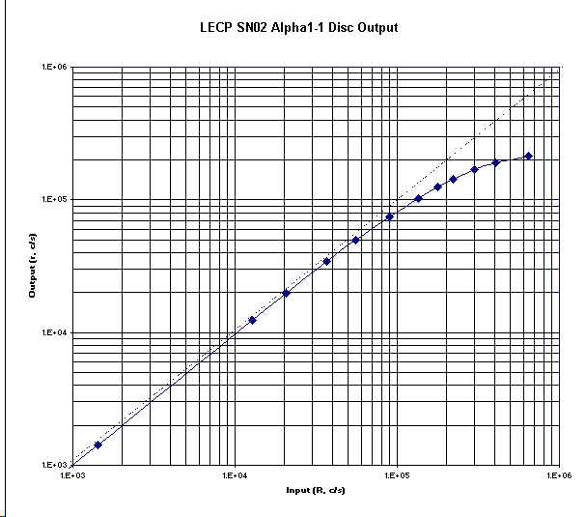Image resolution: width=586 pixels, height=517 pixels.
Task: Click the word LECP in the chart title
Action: [212, 28]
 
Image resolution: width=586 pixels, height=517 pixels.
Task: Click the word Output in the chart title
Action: [377, 28]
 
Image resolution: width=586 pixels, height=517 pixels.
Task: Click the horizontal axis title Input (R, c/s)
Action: [316, 491]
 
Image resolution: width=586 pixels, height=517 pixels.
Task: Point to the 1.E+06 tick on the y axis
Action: [52, 68]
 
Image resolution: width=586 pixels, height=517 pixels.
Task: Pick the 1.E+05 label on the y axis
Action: [52, 200]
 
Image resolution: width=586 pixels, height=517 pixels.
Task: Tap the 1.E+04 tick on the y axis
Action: [52, 332]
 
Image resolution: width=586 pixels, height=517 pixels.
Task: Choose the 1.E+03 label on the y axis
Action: [52, 465]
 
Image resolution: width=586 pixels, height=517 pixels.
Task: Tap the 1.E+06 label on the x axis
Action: [558, 475]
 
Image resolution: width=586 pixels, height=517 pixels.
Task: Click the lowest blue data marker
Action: [98, 445]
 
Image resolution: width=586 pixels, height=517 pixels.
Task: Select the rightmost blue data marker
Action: [528, 156]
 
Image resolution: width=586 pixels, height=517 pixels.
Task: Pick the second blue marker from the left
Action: [252, 320]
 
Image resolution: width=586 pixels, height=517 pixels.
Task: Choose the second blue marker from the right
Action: [495, 162]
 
